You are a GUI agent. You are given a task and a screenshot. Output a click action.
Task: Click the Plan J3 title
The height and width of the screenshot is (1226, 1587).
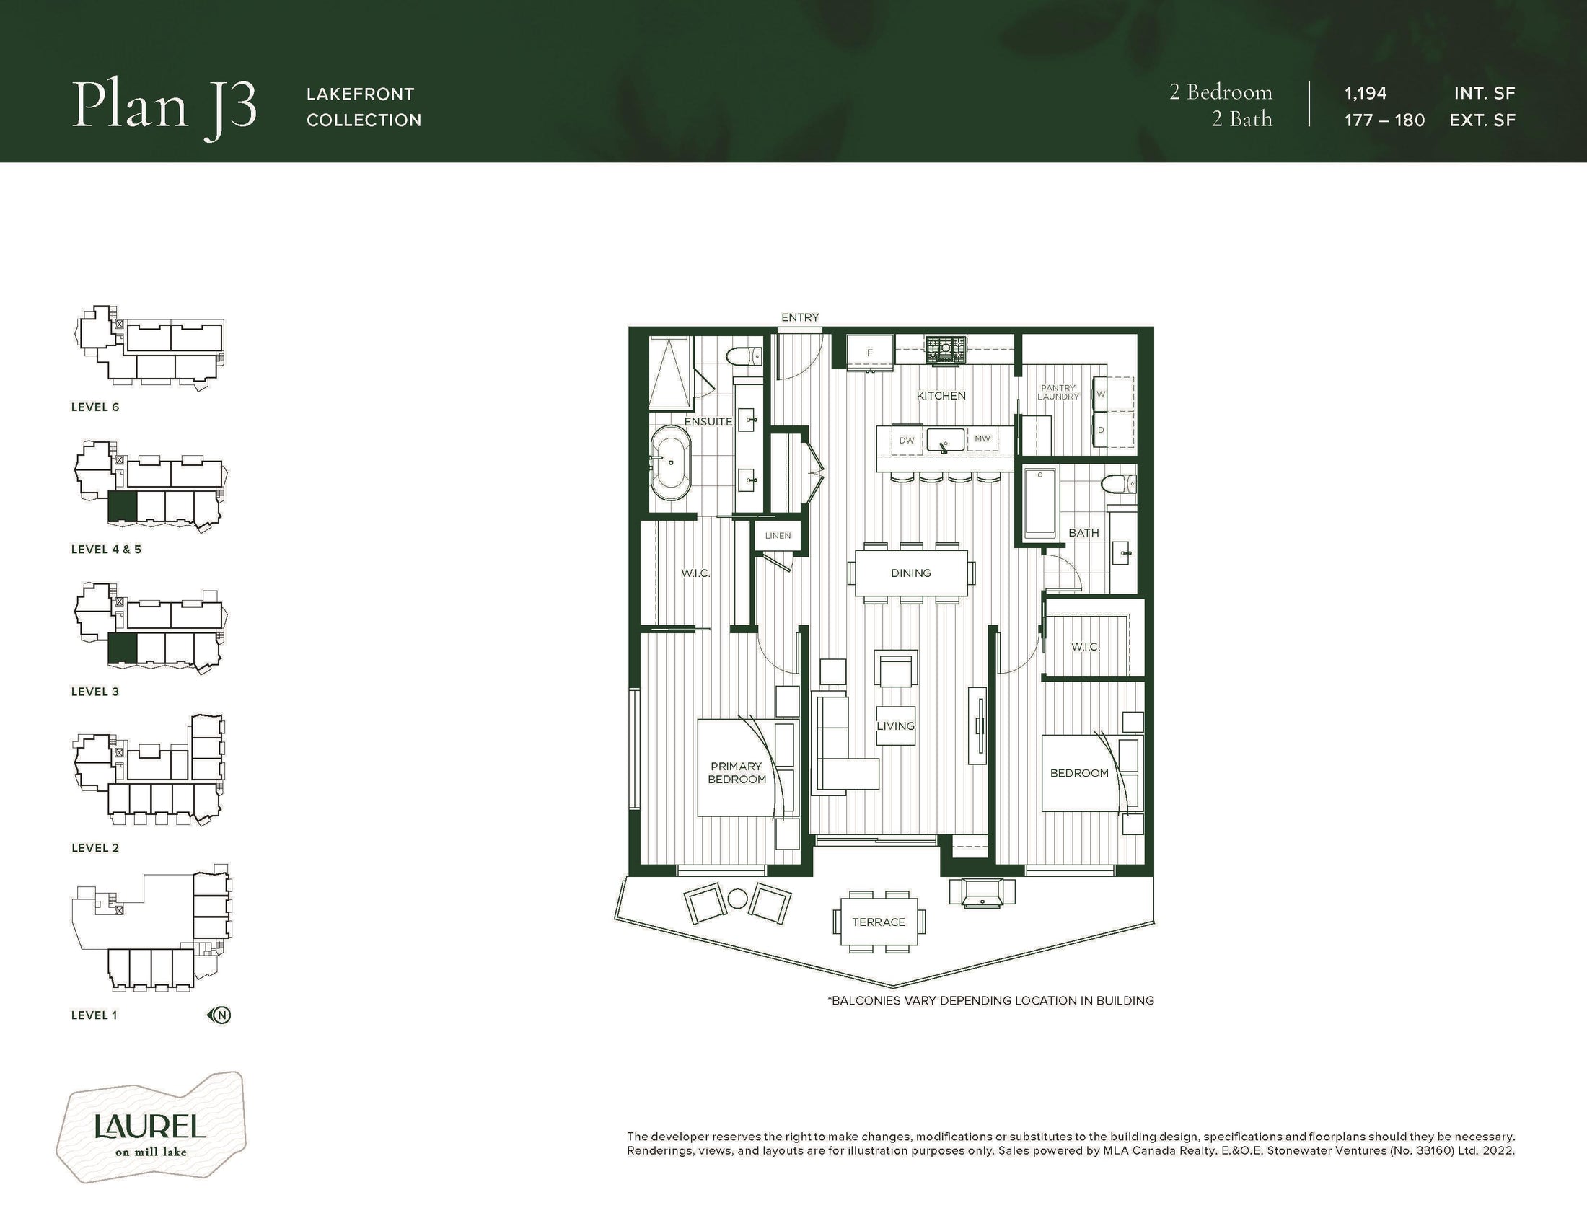click(x=164, y=108)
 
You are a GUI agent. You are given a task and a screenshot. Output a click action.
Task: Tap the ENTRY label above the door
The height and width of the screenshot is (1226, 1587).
click(x=800, y=317)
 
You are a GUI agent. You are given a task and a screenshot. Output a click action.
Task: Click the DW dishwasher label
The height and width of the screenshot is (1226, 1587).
click(x=907, y=440)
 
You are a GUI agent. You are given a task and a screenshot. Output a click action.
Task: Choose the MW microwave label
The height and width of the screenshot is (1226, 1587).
click(x=982, y=438)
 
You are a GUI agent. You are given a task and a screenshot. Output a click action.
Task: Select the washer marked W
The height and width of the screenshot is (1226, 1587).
click(x=1101, y=394)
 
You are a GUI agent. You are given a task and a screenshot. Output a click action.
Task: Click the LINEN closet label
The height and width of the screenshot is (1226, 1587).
click(x=778, y=535)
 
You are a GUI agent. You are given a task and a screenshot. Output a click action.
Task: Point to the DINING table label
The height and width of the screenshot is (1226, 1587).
click(x=911, y=573)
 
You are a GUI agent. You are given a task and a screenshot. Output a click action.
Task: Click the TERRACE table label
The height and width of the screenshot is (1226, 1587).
click(x=879, y=922)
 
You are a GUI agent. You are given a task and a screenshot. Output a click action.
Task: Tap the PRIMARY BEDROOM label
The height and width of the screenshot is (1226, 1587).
click(x=737, y=773)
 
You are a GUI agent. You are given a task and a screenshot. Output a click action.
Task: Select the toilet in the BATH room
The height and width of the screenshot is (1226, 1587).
click(x=1118, y=484)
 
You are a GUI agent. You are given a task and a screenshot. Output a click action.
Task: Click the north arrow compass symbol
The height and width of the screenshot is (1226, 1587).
click(x=220, y=1015)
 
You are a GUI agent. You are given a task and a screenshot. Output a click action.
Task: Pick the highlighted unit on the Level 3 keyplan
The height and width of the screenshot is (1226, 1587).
click(x=122, y=648)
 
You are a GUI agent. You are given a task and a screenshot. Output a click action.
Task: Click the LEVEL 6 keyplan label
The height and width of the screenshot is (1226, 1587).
click(x=95, y=407)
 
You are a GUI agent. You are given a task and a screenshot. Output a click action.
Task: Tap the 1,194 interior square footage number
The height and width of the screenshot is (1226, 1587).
click(x=1366, y=93)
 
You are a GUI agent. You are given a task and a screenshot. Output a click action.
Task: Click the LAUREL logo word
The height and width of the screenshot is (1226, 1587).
click(x=151, y=1126)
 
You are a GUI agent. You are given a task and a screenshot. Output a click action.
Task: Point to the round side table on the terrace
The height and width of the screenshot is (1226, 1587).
click(x=737, y=899)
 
